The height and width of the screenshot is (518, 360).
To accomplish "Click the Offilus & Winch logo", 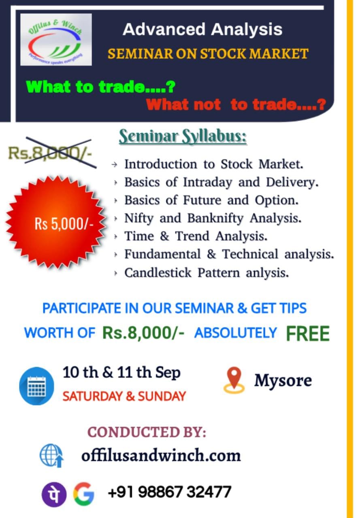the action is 56,40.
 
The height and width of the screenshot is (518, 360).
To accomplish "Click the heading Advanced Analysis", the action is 202,30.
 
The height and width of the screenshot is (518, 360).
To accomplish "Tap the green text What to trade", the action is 101,87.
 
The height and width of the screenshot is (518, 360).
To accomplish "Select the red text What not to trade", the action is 236,104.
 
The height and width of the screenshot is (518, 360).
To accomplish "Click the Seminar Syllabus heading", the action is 183,136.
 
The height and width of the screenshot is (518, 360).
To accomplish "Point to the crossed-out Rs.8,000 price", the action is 50,153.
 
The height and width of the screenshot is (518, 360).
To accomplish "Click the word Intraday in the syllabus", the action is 207,183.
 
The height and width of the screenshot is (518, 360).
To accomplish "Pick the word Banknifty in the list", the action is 215,218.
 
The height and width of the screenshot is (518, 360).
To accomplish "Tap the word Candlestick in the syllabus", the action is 158,272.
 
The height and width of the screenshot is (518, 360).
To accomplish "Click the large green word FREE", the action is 308,333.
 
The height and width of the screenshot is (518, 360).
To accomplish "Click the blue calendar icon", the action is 36,386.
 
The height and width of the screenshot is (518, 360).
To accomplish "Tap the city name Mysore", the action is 283,381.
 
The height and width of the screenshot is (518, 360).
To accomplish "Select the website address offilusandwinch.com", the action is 161,455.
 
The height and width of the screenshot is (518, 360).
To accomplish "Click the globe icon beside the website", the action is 51,455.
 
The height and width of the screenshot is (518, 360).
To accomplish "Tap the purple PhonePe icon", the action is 54,494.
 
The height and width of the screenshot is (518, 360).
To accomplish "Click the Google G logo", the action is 84,494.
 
